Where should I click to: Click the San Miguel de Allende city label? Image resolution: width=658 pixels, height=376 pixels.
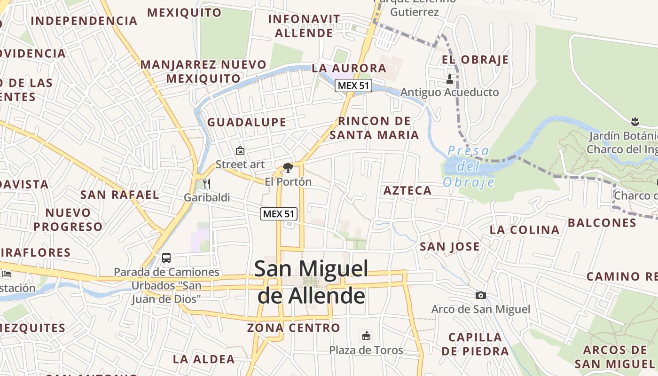[311, 282]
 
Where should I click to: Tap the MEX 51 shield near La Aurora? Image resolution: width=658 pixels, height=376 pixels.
[353, 86]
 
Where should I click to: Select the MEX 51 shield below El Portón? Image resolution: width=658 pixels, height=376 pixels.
[279, 214]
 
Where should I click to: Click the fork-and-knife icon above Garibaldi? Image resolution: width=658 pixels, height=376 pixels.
[207, 184]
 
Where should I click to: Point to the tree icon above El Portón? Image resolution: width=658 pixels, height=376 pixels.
[288, 167]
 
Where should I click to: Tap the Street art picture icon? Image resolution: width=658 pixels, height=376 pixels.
[240, 150]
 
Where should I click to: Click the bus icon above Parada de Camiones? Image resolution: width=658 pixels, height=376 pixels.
[166, 258]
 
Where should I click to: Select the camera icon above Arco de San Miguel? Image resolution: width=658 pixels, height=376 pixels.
[480, 295]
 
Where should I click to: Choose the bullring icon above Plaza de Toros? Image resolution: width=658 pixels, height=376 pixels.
[366, 336]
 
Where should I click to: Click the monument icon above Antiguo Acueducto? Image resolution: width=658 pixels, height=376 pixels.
[450, 78]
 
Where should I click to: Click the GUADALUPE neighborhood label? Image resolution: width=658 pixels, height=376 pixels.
[247, 122]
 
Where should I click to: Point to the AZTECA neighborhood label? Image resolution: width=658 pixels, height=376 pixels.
[407, 190]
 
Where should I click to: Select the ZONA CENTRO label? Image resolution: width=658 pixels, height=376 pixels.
[294, 328]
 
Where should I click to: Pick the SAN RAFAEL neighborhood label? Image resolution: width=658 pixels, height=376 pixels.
[120, 195]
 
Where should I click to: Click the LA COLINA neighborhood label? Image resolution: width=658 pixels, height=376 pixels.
[525, 230]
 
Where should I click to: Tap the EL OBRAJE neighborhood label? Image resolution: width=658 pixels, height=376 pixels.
[475, 60]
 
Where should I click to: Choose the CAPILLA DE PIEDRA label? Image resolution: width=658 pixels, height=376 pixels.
[475, 344]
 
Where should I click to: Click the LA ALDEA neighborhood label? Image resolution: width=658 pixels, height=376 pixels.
[204, 360]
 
